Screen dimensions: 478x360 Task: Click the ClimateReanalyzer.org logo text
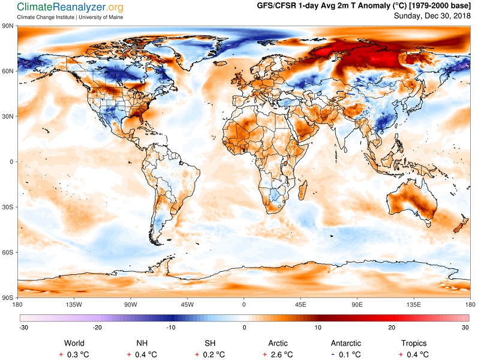click(70, 7)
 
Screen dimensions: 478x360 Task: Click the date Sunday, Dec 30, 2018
click(432, 16)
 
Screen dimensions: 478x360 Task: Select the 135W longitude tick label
click(74, 304)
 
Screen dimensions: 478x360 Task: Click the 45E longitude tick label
click(300, 304)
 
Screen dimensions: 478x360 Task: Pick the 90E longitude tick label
click(357, 304)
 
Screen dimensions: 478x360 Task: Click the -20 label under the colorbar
click(97, 328)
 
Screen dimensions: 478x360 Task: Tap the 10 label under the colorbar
click(318, 328)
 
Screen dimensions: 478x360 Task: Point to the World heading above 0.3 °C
click(74, 343)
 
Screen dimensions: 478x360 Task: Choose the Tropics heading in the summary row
click(414, 343)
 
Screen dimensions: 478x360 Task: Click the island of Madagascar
click(302, 190)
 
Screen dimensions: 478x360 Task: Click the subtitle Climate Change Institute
click(46, 17)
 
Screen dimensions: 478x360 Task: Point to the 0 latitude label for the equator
click(11, 161)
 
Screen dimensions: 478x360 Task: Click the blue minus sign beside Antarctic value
click(333, 355)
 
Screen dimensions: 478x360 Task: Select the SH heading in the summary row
click(210, 343)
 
